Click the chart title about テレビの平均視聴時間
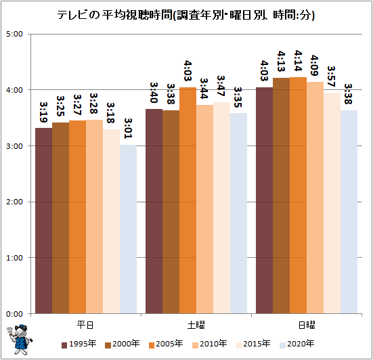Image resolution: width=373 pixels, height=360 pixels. pos(185,15)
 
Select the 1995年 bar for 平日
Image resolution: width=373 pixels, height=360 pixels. pos(44,221)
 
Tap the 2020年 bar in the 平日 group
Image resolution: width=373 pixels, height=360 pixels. pos(128,229)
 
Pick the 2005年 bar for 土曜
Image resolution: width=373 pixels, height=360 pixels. pos(188,200)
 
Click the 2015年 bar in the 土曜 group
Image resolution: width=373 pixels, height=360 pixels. pos(221,208)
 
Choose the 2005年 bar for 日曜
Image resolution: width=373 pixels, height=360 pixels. pos(298,195)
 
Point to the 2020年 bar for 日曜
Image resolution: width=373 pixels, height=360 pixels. pos(349,212)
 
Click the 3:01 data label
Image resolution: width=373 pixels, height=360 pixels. pos(128,129)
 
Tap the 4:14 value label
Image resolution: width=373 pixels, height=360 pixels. pos(298,61)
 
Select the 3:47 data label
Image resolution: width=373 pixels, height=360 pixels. pos(221,86)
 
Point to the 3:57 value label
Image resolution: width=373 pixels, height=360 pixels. pos(332,76)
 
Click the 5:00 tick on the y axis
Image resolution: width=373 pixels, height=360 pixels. pos(14,34)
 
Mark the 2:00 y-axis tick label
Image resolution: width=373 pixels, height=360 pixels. pos(14,202)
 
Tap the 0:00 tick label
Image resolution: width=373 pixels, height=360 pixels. pos(14,314)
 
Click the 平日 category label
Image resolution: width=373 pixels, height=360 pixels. pos(85,325)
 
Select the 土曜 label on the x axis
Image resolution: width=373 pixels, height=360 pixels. pos(196,325)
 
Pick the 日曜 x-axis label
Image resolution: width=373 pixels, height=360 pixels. pos(307,325)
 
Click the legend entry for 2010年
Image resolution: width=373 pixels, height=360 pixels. pos(210,344)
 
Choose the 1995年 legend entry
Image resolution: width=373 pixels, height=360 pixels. pos(79,344)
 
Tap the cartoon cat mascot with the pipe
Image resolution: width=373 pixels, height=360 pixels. pos(19,339)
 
